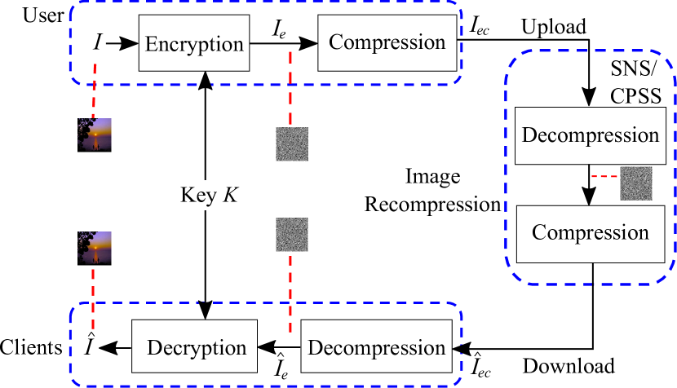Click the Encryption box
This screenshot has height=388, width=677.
(194, 43)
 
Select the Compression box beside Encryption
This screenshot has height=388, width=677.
(387, 42)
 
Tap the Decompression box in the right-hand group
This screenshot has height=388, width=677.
(590, 134)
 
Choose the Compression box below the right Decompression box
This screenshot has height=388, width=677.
(590, 232)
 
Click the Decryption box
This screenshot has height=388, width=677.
(196, 347)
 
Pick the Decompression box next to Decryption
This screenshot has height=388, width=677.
(376, 347)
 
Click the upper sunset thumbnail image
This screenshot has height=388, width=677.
(95, 134)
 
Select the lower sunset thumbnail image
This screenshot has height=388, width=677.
(95, 248)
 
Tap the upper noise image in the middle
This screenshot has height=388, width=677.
(291, 144)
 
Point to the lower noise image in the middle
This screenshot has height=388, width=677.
(291, 234)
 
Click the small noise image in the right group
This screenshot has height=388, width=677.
(635, 183)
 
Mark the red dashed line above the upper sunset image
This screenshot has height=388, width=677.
(95, 90)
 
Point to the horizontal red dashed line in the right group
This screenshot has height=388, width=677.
(604, 176)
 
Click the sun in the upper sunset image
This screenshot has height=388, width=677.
(96, 134)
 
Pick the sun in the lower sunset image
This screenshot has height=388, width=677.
(96, 247)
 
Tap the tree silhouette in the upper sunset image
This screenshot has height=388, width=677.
(84, 127)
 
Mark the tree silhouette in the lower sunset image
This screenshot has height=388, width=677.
(84, 240)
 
